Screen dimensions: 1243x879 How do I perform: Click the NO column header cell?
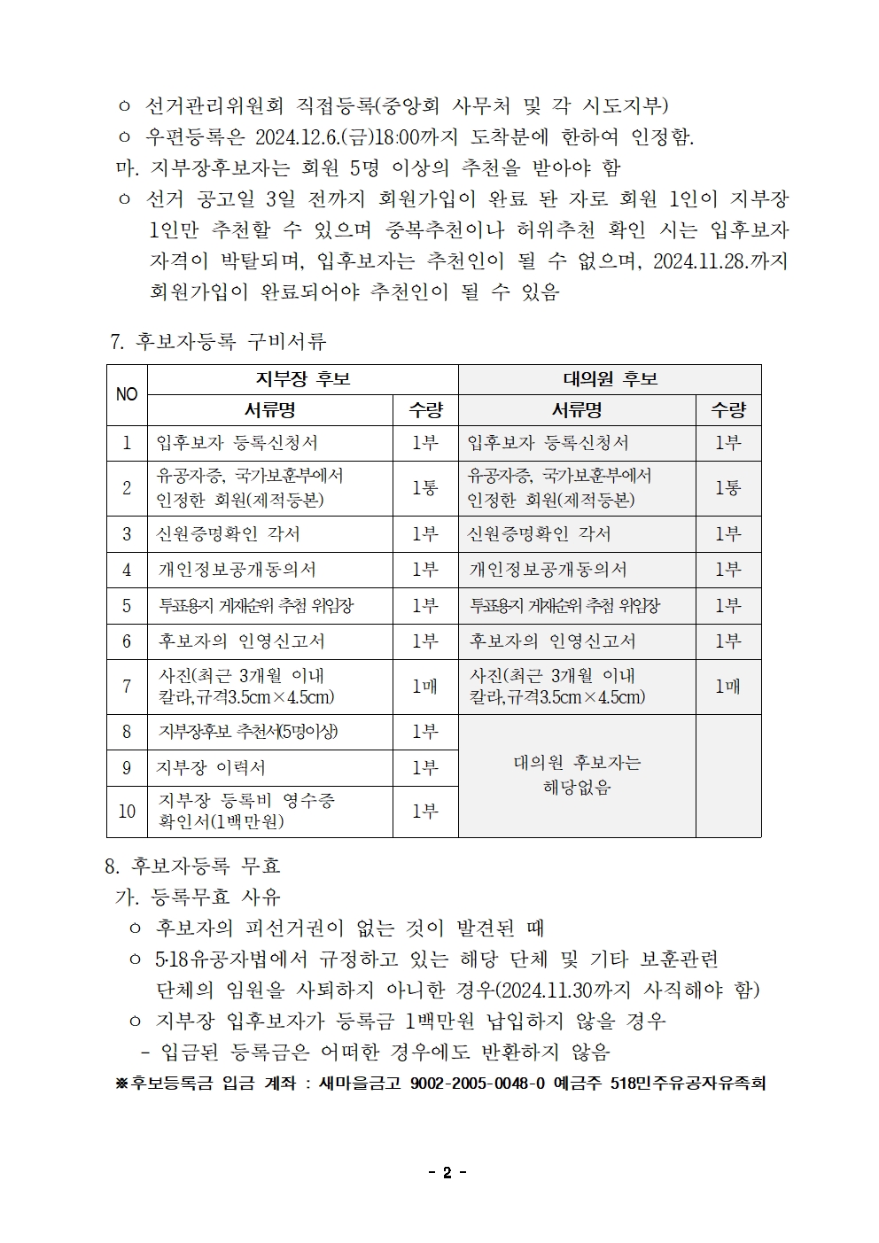pos(127,394)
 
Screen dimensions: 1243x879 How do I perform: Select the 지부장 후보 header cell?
pos(302,379)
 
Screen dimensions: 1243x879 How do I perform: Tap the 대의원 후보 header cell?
pos(610,379)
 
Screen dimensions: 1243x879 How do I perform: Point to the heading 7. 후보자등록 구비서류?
pos(218,341)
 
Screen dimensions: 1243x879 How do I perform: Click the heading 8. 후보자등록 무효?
pos(192,865)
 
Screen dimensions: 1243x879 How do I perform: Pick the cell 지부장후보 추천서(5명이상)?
pos(247,732)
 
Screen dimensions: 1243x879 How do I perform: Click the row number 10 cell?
pos(127,812)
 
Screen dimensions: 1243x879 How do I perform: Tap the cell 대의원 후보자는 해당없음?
pos(577,775)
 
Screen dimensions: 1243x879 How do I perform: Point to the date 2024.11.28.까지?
pos(720,262)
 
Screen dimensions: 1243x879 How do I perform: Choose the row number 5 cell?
pos(127,606)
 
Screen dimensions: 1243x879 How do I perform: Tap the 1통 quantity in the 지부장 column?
pos(425,488)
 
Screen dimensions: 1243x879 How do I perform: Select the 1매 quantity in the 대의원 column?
pos(727,687)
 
